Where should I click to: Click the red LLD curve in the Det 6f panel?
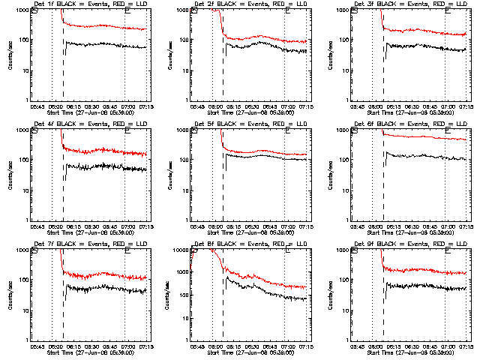click(420, 138)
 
